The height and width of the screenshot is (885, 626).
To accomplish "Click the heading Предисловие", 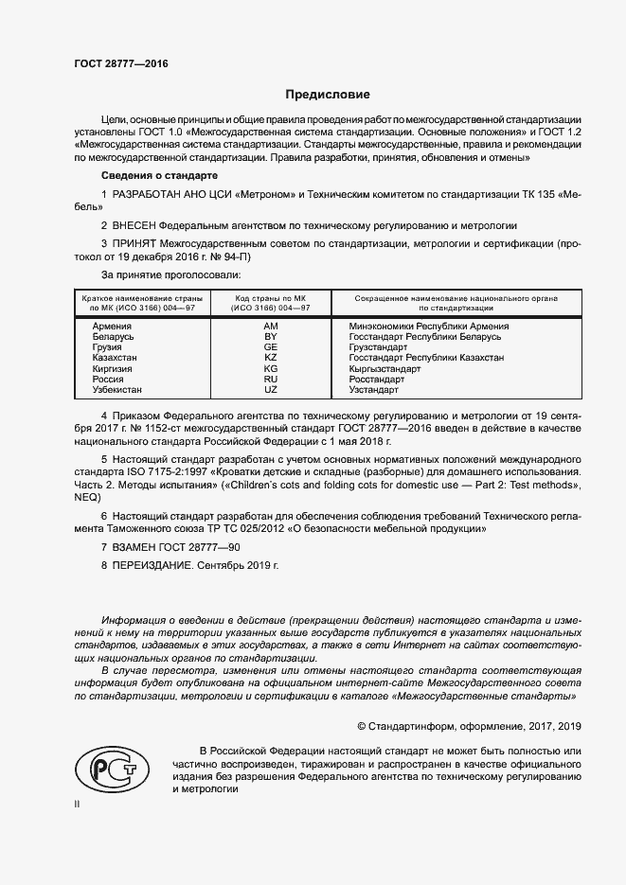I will click(328, 95).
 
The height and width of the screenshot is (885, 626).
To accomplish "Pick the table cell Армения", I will click(112, 327).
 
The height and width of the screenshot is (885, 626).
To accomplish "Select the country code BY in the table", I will click(270, 337).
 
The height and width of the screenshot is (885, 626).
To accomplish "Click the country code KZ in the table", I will click(270, 358).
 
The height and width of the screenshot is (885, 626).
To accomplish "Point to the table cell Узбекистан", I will click(117, 389).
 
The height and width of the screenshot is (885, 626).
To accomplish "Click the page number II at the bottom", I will click(78, 804).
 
